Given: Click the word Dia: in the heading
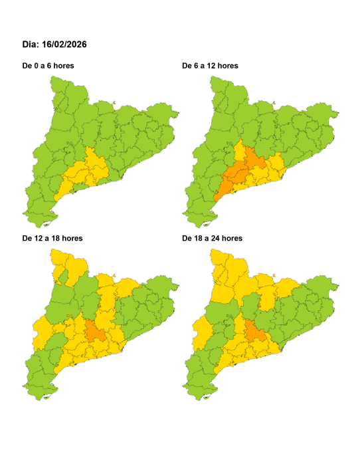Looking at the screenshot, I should coord(31,45).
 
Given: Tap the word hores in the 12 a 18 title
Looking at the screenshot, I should coord(70,237).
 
